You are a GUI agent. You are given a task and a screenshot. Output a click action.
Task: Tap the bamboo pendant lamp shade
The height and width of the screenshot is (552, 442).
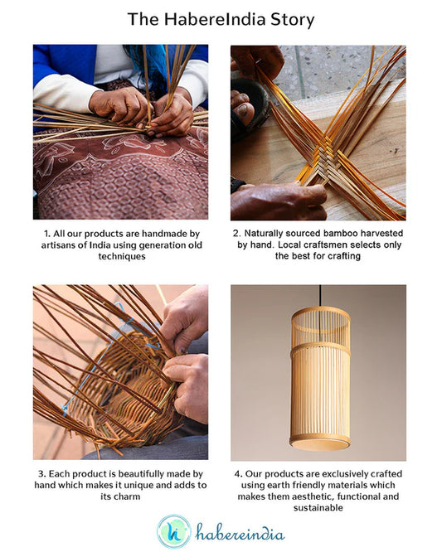tap(319, 377)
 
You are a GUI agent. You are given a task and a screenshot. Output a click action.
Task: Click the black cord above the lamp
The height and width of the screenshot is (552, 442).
tap(319, 296)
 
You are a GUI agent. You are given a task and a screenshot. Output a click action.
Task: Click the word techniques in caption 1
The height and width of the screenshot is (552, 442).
tap(120, 257)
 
